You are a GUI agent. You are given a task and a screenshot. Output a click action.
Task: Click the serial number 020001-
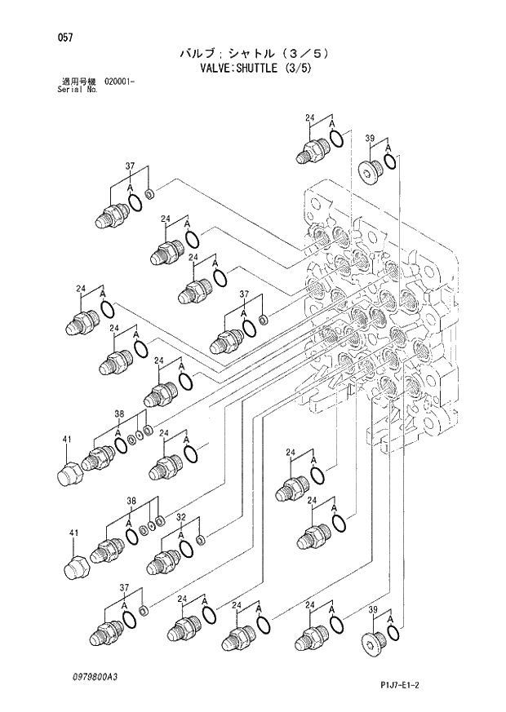tap(119, 82)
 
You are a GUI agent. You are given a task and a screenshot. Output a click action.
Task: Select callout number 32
tap(181, 517)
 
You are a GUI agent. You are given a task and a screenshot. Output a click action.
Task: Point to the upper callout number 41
tap(67, 440)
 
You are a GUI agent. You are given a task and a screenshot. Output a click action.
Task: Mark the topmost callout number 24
tap(310, 119)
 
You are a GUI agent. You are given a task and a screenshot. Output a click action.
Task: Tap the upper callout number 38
tap(119, 413)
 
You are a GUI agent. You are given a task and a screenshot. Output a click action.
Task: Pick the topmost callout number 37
tap(130, 166)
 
